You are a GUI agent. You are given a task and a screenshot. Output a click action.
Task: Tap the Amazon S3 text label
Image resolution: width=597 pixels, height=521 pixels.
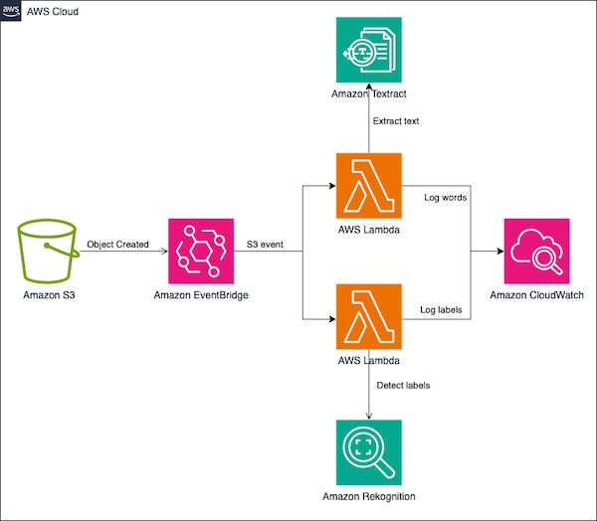[48, 296]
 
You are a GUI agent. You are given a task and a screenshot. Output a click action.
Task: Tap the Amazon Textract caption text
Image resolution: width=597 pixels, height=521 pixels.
[369, 92]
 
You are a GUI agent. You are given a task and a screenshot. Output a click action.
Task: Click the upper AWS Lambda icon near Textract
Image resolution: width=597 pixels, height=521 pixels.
[369, 185]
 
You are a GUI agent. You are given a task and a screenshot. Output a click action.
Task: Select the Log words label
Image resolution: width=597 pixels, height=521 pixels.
[446, 198]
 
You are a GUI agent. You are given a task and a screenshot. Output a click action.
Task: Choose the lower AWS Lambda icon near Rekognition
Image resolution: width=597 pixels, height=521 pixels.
[369, 317]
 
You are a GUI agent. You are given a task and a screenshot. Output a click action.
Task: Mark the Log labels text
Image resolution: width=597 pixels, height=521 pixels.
[446, 310]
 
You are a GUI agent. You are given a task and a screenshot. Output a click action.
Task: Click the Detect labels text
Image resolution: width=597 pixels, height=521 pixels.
[403, 385]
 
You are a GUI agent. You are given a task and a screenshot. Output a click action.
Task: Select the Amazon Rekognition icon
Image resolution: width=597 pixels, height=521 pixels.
[369, 450]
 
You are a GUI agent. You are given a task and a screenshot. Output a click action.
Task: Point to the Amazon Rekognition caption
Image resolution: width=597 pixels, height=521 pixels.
[369, 495]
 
